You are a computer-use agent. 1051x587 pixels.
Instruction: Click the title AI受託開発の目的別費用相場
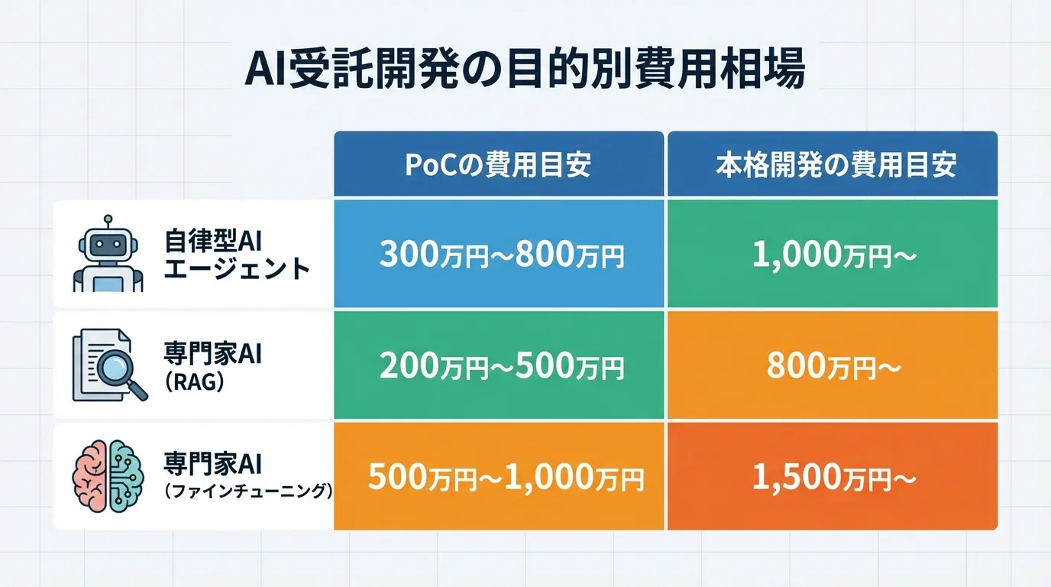525,71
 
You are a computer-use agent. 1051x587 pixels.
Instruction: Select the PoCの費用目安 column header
498,165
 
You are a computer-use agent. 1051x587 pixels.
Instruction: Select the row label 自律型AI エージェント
236,255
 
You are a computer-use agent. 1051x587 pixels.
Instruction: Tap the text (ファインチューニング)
249,491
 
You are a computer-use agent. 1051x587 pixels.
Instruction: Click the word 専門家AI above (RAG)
212,355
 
